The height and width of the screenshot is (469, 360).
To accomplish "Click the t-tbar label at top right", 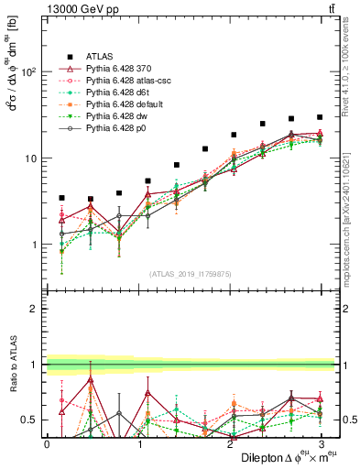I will [x=328, y=8].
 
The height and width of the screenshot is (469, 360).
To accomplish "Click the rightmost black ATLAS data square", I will [x=320, y=117].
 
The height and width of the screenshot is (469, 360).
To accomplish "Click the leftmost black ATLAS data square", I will [x=61, y=198].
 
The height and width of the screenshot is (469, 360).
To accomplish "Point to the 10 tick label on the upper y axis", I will [x=34, y=158].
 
